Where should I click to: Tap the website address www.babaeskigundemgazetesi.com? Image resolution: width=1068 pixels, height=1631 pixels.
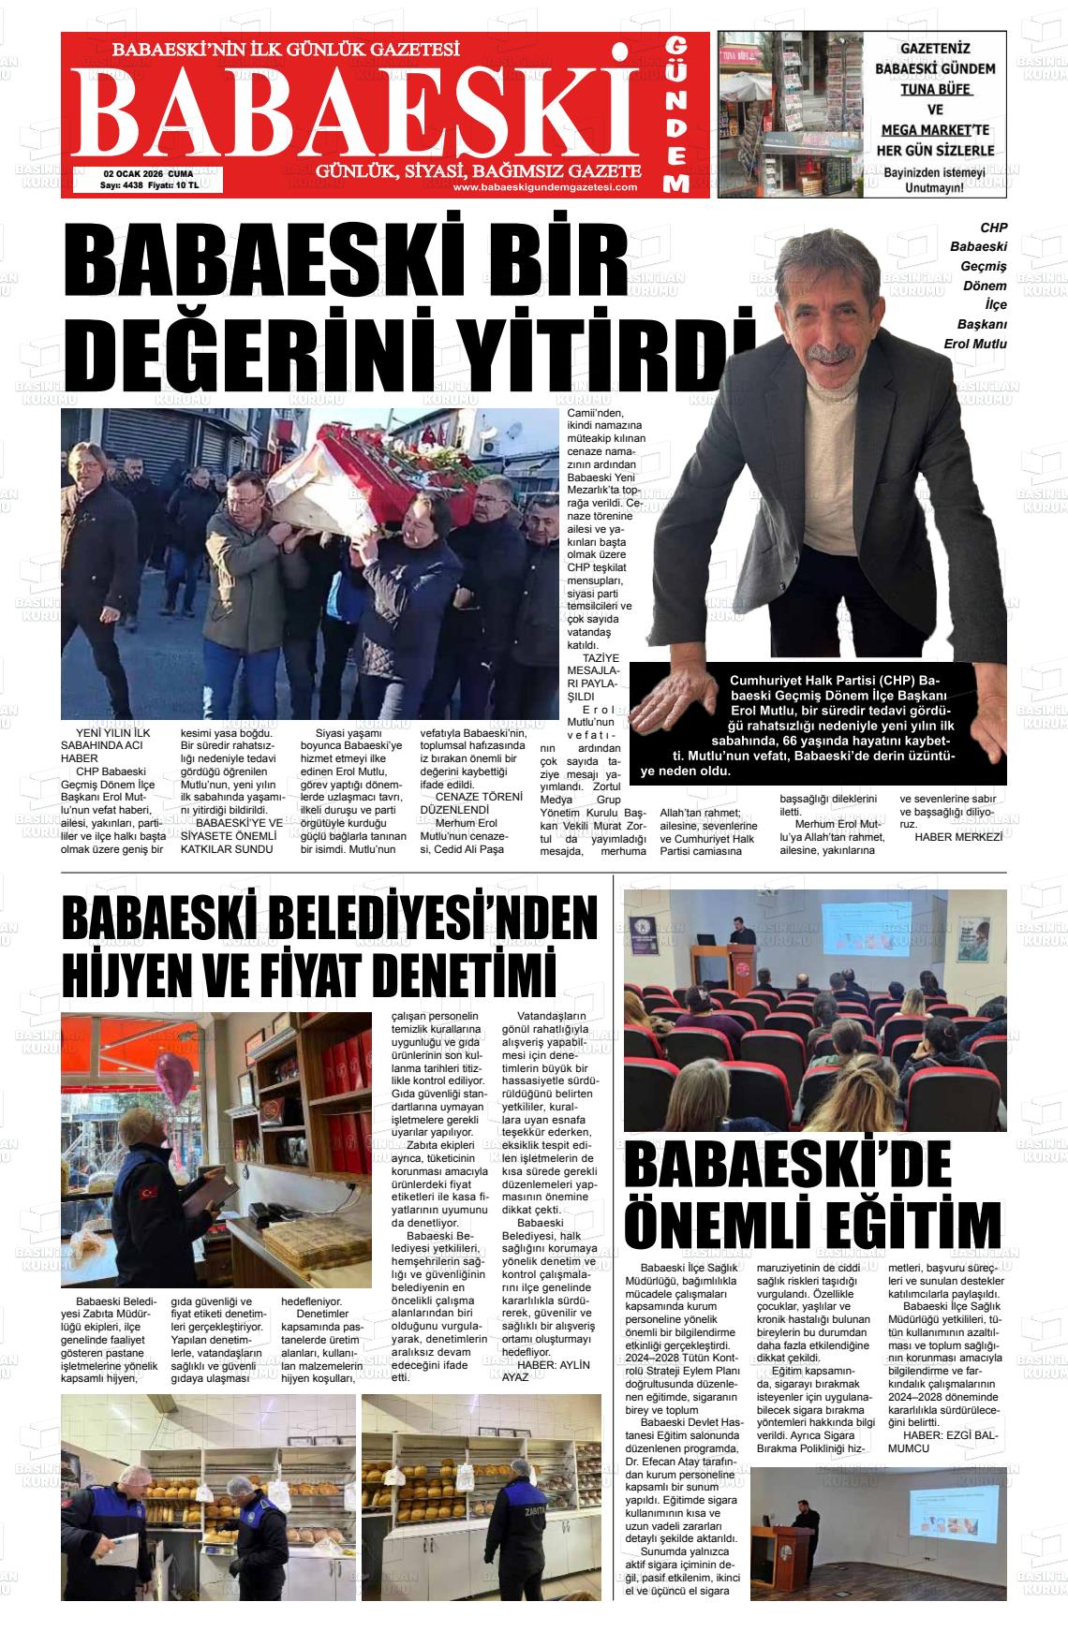tap(544, 186)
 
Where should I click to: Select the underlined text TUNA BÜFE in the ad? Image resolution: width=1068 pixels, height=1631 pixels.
tap(936, 89)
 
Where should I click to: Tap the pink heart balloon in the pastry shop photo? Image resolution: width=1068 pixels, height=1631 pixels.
tap(173, 1077)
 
